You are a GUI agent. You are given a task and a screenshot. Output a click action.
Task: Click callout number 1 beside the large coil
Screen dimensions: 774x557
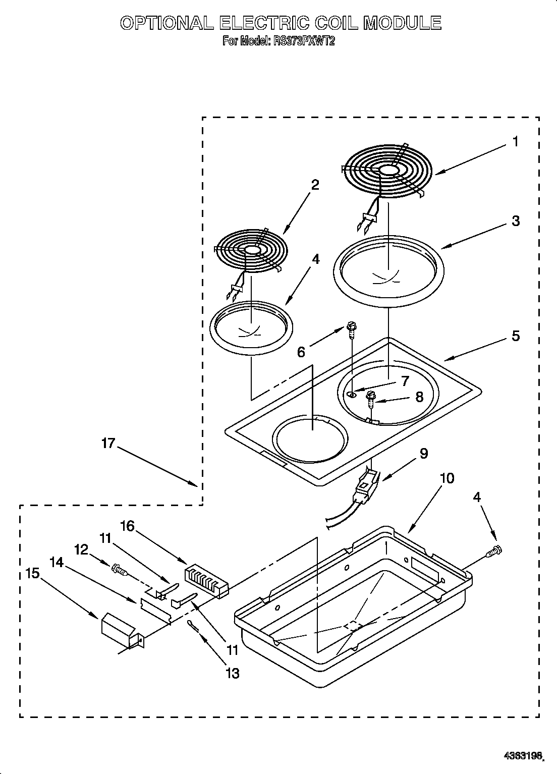pos(515,142)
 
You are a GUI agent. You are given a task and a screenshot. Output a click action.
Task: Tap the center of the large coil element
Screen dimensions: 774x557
pos(388,172)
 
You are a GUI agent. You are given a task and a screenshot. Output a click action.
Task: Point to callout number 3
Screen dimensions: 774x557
pos(515,220)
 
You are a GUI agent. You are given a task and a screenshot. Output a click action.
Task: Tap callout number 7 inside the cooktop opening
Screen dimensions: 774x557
pos(405,381)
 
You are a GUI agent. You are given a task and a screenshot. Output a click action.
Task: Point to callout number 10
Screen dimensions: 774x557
pos(447,478)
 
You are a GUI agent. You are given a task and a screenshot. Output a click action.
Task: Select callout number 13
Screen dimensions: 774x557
pos(233,673)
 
